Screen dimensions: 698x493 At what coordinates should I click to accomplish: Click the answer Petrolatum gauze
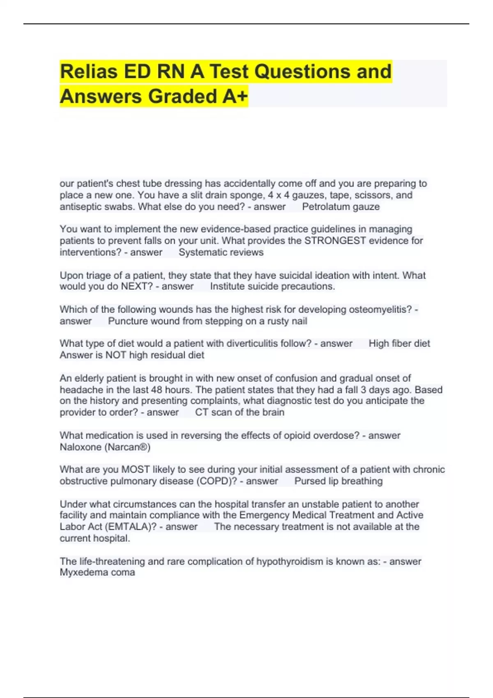341,207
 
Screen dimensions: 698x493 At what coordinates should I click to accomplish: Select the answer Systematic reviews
221,252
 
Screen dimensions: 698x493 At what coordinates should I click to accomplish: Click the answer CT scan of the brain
240,412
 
